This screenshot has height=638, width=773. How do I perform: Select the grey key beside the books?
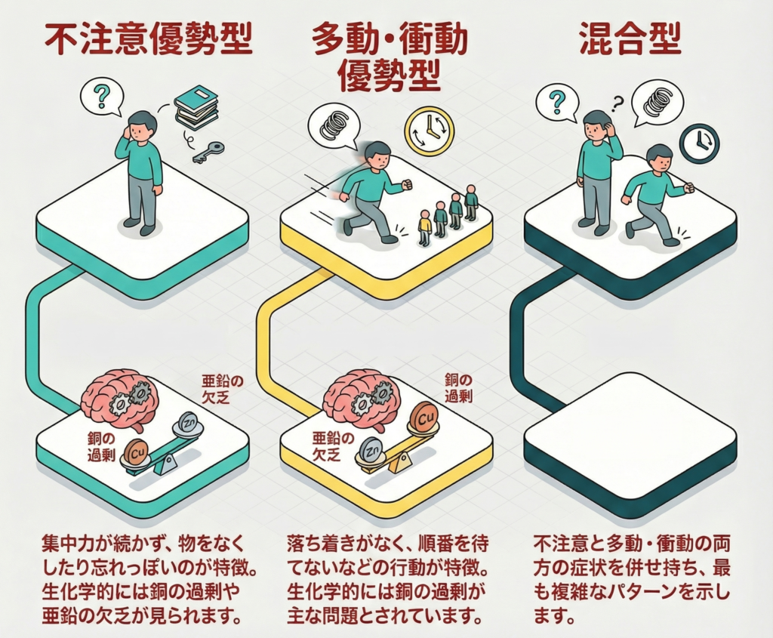tap(208, 152)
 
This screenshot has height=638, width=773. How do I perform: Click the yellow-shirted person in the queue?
tap(424, 227)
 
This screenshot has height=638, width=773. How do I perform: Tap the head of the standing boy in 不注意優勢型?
tap(142, 125)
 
